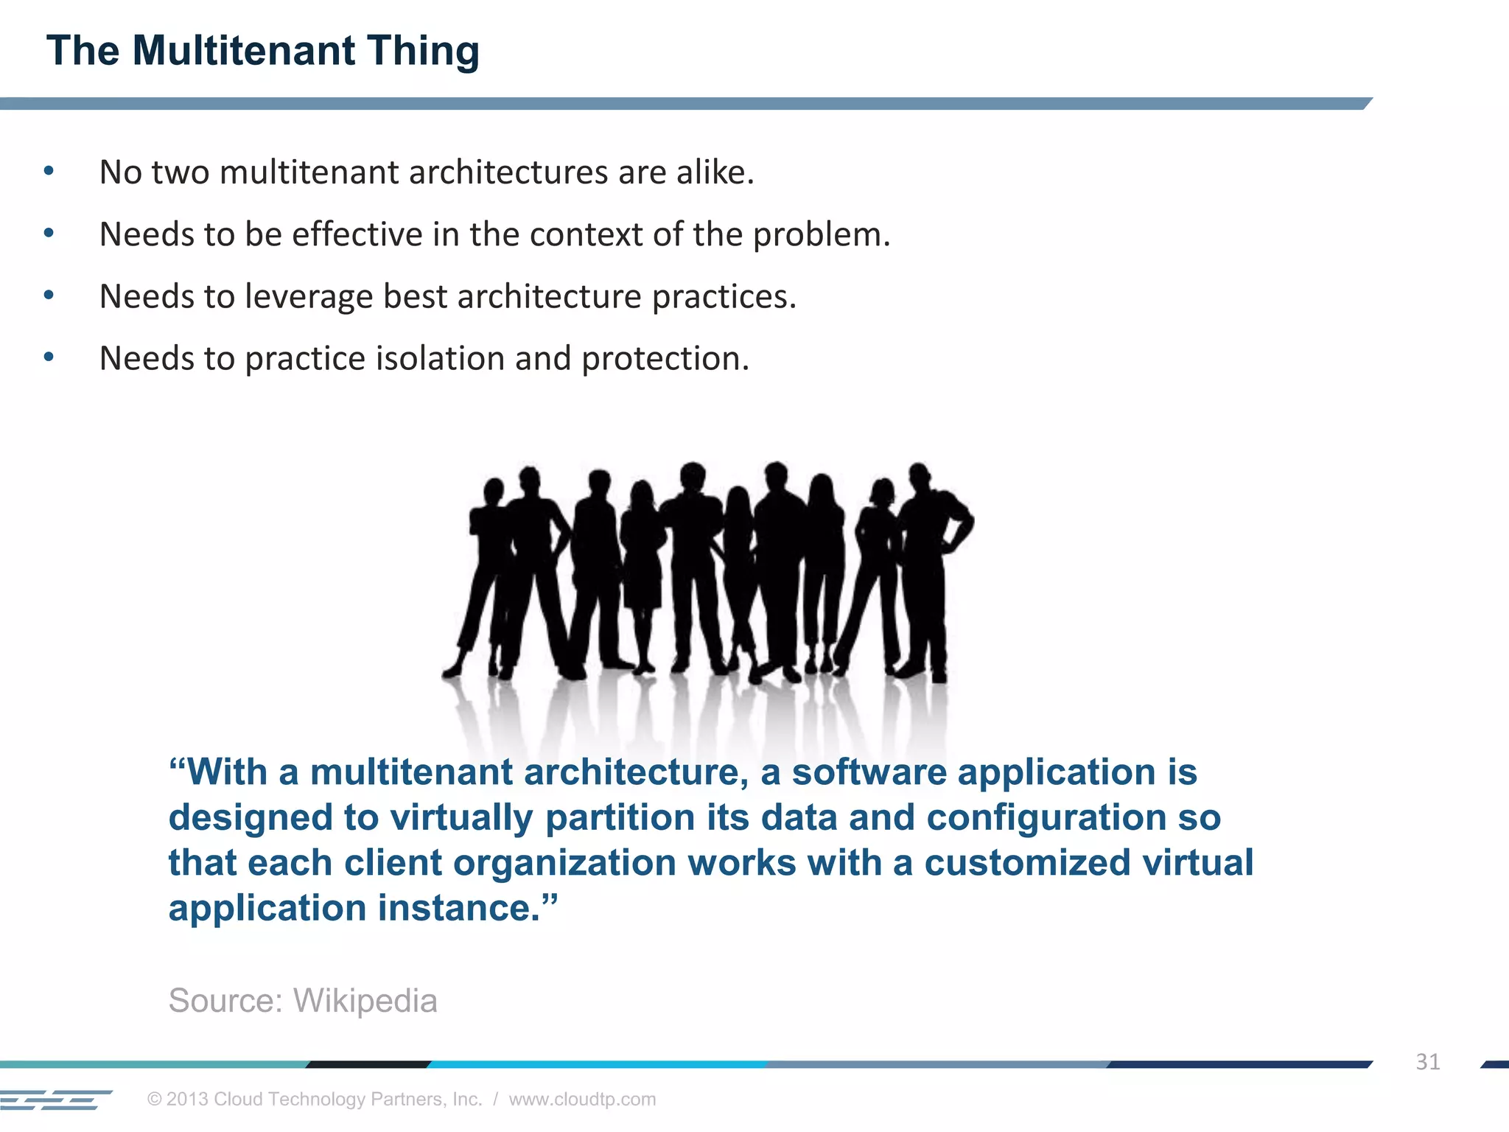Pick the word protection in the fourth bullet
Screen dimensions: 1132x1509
click(x=665, y=359)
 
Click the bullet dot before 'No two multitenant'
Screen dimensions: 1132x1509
click(x=49, y=172)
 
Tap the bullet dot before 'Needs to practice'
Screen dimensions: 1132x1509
click(x=49, y=358)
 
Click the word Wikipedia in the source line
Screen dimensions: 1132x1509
click(x=365, y=1001)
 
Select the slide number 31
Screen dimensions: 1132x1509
click(x=1427, y=1062)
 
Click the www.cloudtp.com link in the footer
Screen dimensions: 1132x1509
click(x=582, y=1099)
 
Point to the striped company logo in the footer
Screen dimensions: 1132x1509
click(x=56, y=1100)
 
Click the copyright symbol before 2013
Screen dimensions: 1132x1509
click(x=154, y=1100)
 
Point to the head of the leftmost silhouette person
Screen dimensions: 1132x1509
click(x=493, y=490)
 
